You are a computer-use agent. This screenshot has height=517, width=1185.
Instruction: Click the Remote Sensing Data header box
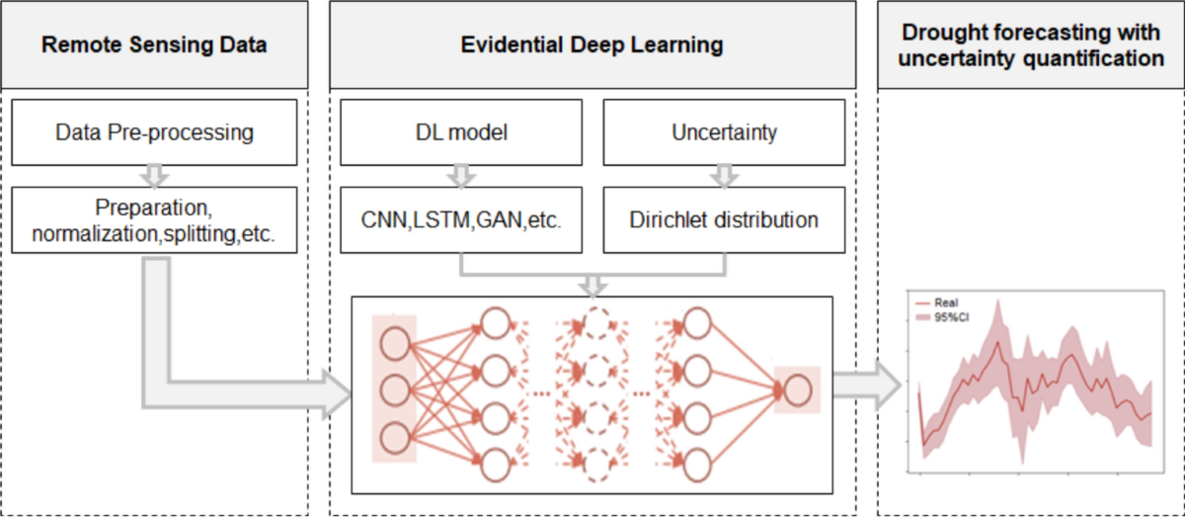pyautogui.click(x=154, y=45)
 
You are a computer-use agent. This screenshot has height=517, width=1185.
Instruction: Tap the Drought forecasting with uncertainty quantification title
pyautogui.click(x=1031, y=45)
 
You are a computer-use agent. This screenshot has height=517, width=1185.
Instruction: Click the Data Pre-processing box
pyautogui.click(x=154, y=131)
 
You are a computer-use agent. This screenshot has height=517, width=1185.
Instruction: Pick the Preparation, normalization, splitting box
pyautogui.click(x=154, y=219)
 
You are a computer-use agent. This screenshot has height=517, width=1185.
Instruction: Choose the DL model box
pyautogui.click(x=463, y=131)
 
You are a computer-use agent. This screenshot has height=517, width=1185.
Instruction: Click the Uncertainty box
pyautogui.click(x=725, y=131)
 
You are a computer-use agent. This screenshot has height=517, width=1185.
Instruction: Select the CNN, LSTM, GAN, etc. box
pyautogui.click(x=463, y=219)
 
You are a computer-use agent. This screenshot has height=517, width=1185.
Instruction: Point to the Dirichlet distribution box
pyautogui.click(x=725, y=219)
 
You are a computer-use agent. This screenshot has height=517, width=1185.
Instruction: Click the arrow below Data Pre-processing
pyautogui.click(x=154, y=175)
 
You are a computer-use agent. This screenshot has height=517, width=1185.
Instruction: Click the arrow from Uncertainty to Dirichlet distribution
pyautogui.click(x=725, y=175)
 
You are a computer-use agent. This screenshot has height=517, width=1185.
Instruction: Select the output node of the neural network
pyautogui.click(x=797, y=391)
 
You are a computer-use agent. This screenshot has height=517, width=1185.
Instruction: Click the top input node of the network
pyautogui.click(x=395, y=342)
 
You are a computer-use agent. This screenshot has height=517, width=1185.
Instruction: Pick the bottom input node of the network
pyautogui.click(x=395, y=437)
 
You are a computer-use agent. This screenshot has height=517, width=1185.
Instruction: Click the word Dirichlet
pyautogui.click(x=665, y=219)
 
